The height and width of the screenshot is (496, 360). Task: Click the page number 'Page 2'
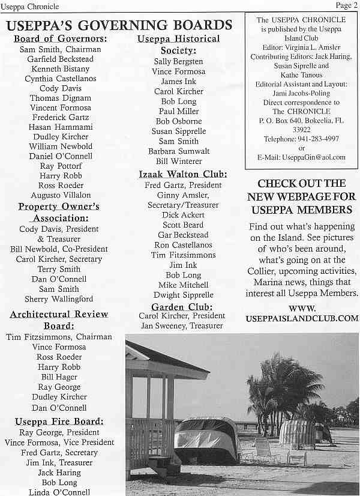pos(346,5)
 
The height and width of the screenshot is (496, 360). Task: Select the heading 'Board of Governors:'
pos(61,39)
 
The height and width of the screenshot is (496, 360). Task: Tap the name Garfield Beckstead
pos(61,59)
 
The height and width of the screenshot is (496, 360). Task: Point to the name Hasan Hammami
pos(61,127)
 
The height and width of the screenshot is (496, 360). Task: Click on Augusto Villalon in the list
pos(61,195)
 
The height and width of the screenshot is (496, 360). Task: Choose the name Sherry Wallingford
pos(59,299)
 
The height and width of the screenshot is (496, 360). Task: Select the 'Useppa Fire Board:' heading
pos(59,421)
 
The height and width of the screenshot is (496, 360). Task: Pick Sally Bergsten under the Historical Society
pos(178,61)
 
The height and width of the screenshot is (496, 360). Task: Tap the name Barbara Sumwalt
pos(178,151)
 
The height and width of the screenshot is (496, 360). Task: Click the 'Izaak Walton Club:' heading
pos(182,174)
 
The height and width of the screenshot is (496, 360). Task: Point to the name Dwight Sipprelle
pos(179,295)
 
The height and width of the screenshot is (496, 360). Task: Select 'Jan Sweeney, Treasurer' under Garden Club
pos(182,325)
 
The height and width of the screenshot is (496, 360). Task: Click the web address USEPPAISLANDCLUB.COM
pos(302,318)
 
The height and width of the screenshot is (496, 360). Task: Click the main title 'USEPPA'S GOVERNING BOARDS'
pos(119,25)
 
